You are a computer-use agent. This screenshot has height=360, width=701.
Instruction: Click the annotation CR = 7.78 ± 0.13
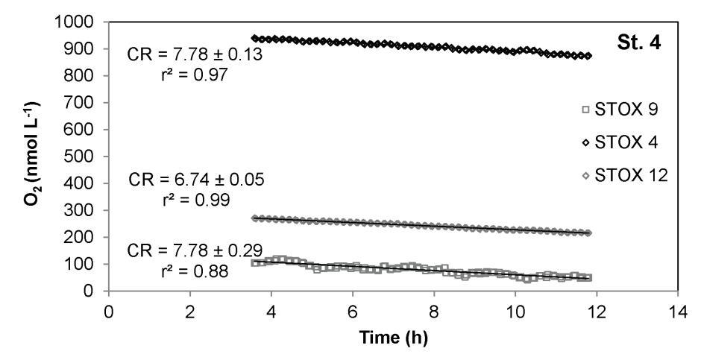[x=195, y=55]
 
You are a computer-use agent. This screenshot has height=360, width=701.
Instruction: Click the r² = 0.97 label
[x=189, y=75]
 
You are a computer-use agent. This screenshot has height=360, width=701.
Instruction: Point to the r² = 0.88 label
[x=189, y=271]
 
